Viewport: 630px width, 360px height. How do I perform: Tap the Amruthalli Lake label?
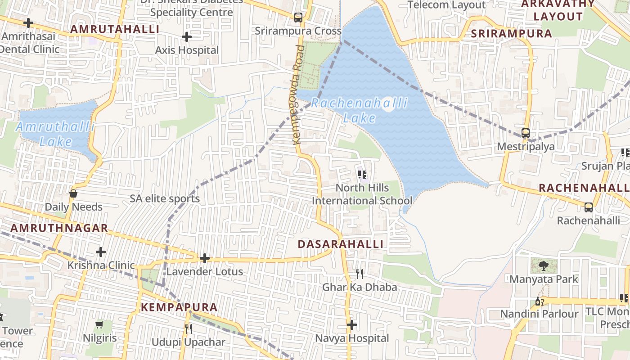(x=55, y=134)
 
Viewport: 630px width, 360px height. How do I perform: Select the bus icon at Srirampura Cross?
(x=298, y=18)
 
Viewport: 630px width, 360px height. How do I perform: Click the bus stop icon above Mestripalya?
(x=525, y=133)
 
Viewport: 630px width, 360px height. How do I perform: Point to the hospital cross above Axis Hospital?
(x=187, y=37)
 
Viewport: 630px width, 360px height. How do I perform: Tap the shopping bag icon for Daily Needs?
(x=73, y=194)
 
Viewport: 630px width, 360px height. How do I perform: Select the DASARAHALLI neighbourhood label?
(x=341, y=244)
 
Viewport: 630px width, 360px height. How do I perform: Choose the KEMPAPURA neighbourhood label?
(x=179, y=307)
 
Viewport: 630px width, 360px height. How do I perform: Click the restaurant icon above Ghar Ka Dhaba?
(x=359, y=274)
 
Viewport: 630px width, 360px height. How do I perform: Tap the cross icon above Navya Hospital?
(x=352, y=325)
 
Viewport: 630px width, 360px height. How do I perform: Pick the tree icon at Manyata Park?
(x=543, y=266)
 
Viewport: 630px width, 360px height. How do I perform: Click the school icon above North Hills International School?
(x=362, y=175)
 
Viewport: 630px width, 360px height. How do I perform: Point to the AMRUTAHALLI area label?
(x=115, y=29)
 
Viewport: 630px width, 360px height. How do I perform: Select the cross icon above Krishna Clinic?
(x=101, y=252)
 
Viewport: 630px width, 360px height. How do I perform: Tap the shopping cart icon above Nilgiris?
(x=99, y=324)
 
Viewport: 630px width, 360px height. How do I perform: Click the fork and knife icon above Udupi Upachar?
(x=188, y=329)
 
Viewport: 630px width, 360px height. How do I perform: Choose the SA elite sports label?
(x=165, y=198)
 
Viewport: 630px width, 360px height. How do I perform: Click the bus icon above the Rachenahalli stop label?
(x=588, y=207)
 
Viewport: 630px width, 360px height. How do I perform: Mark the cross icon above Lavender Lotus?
(x=205, y=258)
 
